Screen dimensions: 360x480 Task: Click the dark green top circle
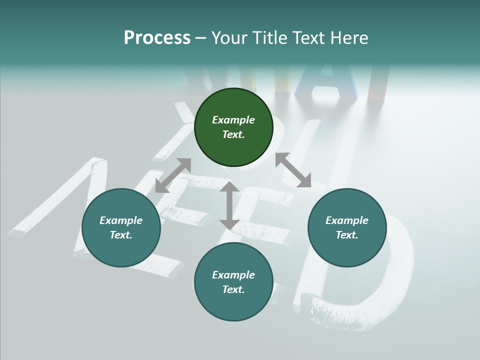(x=233, y=127)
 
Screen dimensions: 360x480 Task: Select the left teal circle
(x=121, y=228)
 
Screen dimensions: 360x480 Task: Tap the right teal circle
(x=347, y=228)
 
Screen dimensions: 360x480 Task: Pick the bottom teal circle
(x=233, y=282)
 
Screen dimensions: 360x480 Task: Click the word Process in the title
(x=157, y=38)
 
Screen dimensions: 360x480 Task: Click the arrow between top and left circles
(x=173, y=175)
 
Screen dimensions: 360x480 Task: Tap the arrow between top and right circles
(x=293, y=170)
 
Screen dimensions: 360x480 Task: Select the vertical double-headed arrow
(x=229, y=205)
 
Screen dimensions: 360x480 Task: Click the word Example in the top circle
(x=233, y=120)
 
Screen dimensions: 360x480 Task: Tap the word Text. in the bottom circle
(x=233, y=289)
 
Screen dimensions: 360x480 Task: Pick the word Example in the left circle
(x=121, y=220)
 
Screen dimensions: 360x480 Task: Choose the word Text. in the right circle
(x=347, y=235)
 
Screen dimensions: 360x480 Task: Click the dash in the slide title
(x=201, y=38)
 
